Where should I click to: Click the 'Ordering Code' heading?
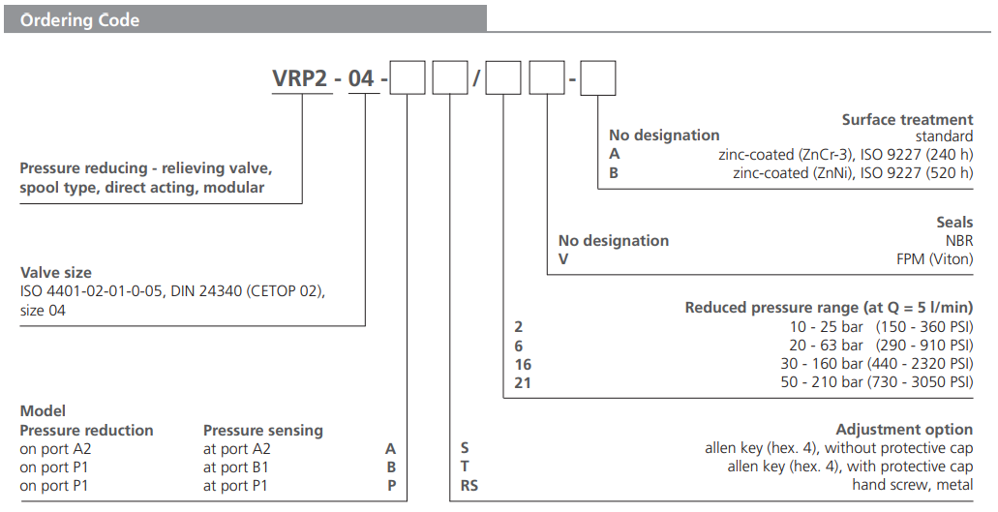pyautogui.click(x=79, y=19)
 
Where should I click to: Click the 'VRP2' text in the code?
pyautogui.click(x=300, y=78)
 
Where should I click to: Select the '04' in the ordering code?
pyautogui.click(x=361, y=78)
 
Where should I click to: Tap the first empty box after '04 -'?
pyautogui.click(x=408, y=77)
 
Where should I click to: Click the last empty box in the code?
pyautogui.click(x=597, y=77)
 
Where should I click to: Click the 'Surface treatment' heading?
pyautogui.click(x=907, y=120)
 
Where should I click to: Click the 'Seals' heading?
pyautogui.click(x=954, y=223)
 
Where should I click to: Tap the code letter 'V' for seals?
pyautogui.click(x=563, y=258)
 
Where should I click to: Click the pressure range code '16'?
pyautogui.click(x=523, y=364)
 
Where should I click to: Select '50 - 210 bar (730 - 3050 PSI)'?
pyautogui.click(x=879, y=382)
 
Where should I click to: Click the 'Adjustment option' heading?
pyautogui.click(x=904, y=430)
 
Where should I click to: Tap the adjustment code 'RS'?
pyautogui.click(x=469, y=485)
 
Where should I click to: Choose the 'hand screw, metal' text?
pyautogui.click(x=912, y=485)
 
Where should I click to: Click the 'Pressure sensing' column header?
pyautogui.click(x=262, y=430)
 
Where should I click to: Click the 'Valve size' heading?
pyautogui.click(x=56, y=273)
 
